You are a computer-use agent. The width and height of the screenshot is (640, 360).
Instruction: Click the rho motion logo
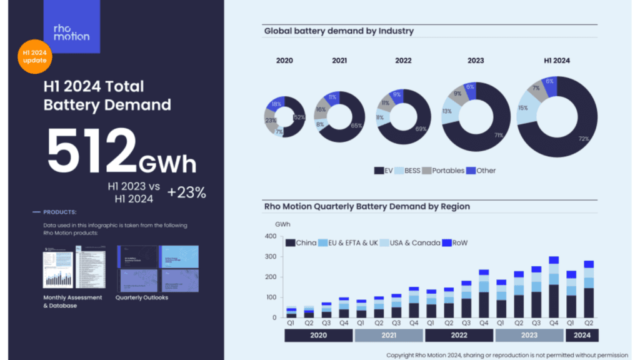[71, 31]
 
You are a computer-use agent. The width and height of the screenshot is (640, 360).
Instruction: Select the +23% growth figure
[186, 192]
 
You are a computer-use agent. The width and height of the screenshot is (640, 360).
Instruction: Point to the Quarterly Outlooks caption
[142, 297]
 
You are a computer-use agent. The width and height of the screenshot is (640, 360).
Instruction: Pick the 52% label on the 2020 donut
[299, 117]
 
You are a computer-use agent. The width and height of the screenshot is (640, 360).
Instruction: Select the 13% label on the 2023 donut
[447, 111]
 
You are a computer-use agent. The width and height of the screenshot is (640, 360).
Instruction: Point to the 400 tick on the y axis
[270, 236]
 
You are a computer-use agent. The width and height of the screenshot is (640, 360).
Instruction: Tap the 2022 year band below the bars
[459, 335]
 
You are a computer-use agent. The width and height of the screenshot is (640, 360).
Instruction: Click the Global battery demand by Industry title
[339, 31]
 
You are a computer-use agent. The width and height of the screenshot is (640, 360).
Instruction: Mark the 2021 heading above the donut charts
[339, 61]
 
